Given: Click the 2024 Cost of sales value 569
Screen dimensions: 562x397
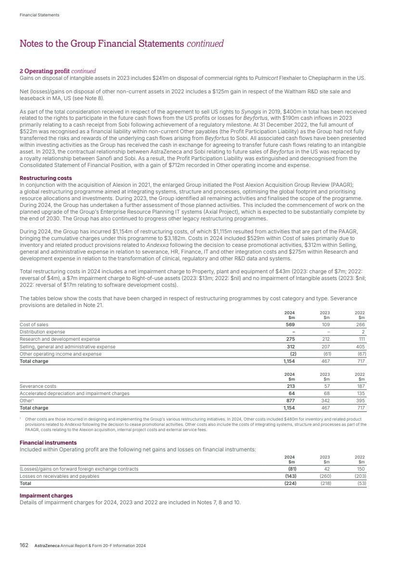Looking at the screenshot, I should click(290, 324).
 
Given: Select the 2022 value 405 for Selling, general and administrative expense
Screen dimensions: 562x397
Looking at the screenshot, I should click(360, 346).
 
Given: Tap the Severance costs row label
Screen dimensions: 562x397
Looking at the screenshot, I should click(38, 386).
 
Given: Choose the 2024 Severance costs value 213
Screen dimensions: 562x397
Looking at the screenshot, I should click(290, 386).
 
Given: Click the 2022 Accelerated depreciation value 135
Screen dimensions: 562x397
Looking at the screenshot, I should click(360, 393).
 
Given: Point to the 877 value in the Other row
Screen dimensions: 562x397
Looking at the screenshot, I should click(290, 400).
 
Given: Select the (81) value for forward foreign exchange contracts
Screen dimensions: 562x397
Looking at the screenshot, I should click(291, 469).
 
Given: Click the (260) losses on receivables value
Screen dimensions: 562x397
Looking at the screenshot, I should click(326, 476).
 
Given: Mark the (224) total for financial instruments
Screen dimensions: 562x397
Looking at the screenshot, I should click(289, 484).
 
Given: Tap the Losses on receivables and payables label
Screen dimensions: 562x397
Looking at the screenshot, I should click(59, 476).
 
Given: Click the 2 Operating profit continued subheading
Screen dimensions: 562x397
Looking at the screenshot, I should click(58, 71).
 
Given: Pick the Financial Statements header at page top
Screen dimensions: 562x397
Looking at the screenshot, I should click(39, 15).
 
